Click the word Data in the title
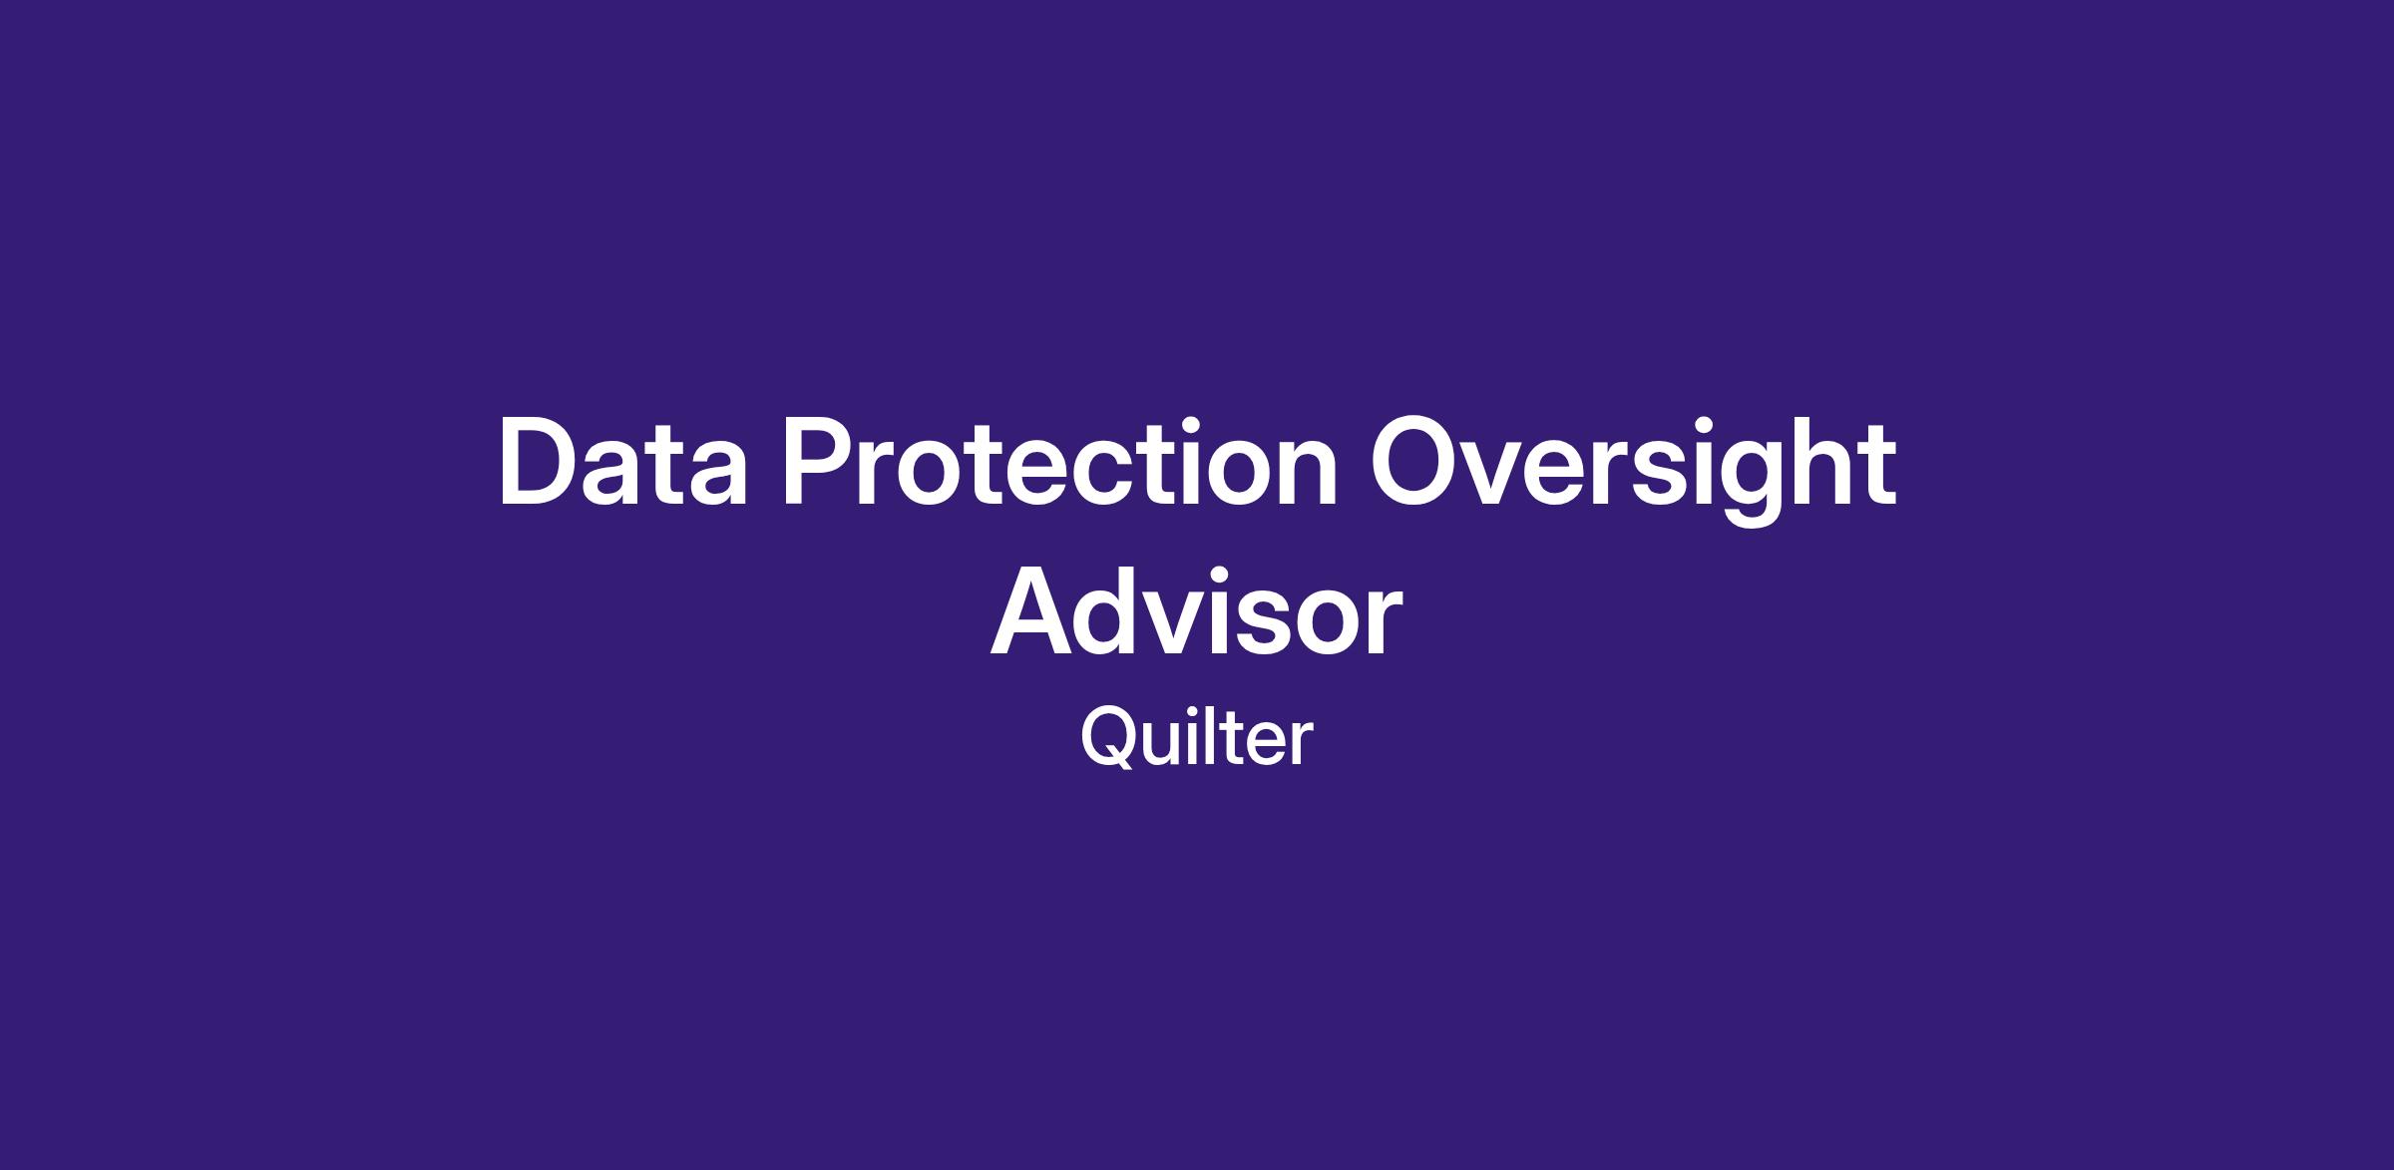pyautogui.click(x=623, y=462)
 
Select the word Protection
pyautogui.click(x=1060, y=462)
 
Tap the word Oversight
pyautogui.click(x=1633, y=469)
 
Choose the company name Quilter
pyautogui.click(x=1197, y=739)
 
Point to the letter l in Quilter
pyautogui.click(x=1226, y=737)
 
